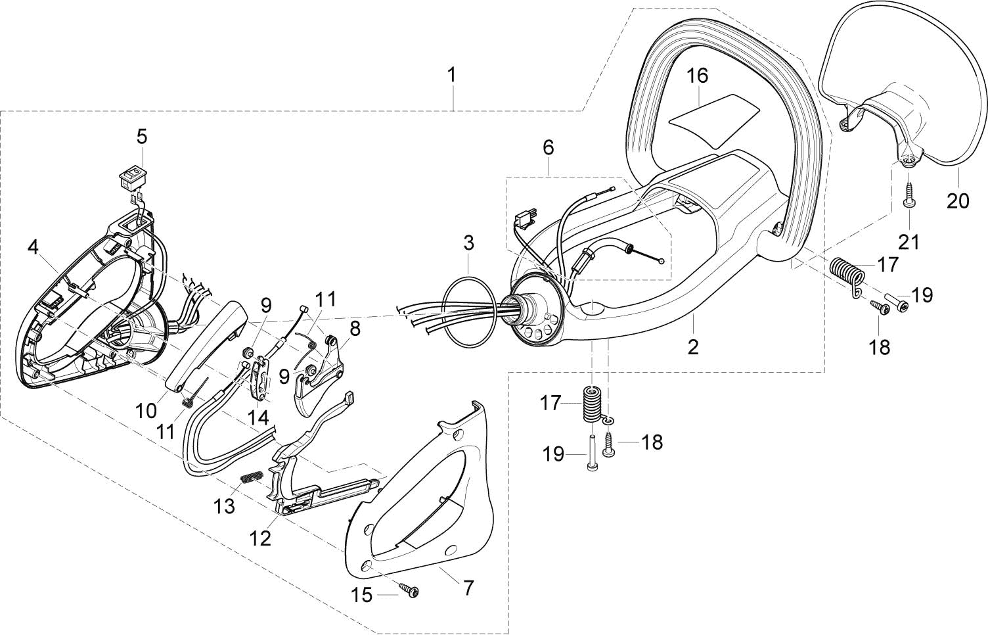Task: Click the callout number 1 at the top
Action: pyautogui.click(x=451, y=76)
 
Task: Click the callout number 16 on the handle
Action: pyautogui.click(x=698, y=76)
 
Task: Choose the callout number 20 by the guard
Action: pyautogui.click(x=957, y=200)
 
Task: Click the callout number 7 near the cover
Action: pyautogui.click(x=468, y=587)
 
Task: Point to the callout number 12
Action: pyautogui.click(x=260, y=537)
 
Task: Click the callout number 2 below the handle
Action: pyautogui.click(x=693, y=346)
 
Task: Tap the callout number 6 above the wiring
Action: pyautogui.click(x=547, y=147)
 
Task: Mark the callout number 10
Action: pyautogui.click(x=146, y=411)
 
